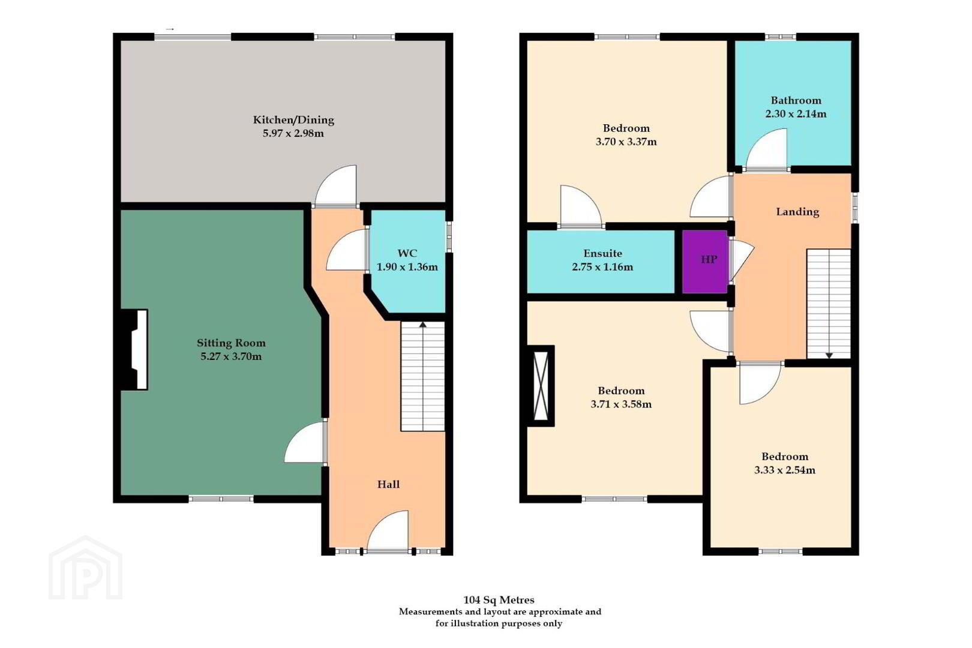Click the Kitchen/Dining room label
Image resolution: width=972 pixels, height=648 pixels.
293,120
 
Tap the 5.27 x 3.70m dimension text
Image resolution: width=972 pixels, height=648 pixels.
231,356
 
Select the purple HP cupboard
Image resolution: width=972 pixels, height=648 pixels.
705,261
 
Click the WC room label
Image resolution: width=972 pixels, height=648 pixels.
407,253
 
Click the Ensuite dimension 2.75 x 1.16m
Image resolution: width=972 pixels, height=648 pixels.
602,266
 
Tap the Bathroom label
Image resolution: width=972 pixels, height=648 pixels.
796,100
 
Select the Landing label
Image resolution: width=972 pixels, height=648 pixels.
797,212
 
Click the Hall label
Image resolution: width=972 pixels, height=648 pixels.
388,484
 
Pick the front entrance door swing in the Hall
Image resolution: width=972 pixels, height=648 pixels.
388,531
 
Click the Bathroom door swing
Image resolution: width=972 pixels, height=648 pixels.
766,148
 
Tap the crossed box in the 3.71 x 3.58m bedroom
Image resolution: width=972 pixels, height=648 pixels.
541,386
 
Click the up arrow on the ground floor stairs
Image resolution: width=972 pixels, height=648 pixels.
422,324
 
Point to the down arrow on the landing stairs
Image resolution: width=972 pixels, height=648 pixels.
829,355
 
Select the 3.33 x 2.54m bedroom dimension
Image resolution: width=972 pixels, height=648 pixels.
785,470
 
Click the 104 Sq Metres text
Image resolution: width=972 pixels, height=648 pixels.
499,600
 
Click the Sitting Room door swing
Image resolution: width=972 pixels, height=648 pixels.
305,443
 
